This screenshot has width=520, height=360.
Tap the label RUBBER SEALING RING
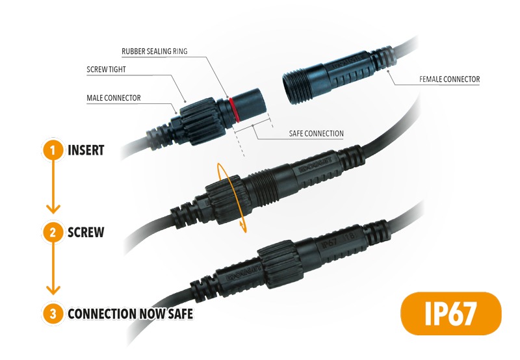point(155,51)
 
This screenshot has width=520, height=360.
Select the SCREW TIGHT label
point(106,70)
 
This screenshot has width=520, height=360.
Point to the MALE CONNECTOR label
point(113,97)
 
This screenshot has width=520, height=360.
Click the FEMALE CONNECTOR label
point(449,79)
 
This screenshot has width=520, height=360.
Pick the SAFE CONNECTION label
point(316,134)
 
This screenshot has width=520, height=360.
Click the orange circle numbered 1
point(53,150)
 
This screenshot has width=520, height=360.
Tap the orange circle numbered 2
point(53,232)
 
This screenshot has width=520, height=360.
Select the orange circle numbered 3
point(53,314)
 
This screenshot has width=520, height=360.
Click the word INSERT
point(86,150)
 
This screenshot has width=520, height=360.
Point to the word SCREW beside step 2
point(86,232)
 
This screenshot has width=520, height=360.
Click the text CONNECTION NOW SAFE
point(131,314)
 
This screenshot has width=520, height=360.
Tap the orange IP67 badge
point(451,313)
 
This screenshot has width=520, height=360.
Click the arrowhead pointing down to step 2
point(53,209)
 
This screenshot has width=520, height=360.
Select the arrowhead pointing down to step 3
point(53,290)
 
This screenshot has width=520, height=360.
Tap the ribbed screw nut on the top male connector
point(202,121)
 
